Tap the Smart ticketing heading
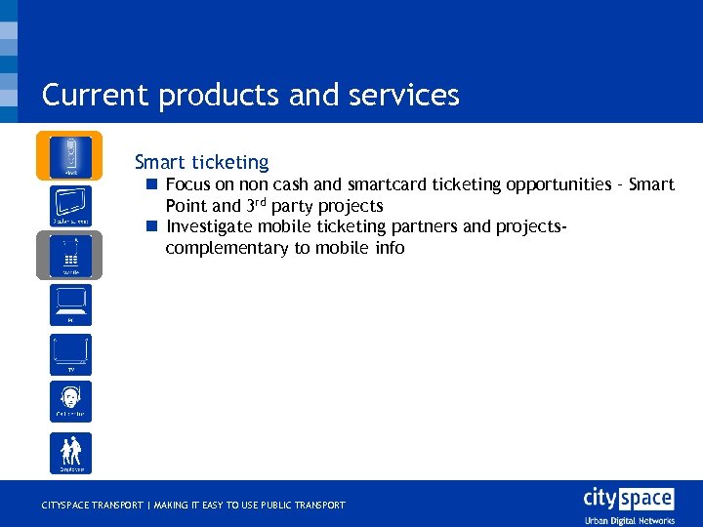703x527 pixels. click(x=201, y=162)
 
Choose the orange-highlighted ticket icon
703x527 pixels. click(x=70, y=156)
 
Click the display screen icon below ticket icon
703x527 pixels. click(x=70, y=205)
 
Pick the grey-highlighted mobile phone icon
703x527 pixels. click(x=70, y=256)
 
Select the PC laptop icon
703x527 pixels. click(x=70, y=304)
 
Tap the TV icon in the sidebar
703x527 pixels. click(x=70, y=353)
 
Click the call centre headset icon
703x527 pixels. click(x=70, y=401)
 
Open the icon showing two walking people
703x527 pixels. click(x=70, y=453)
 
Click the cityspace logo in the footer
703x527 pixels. click(x=628, y=498)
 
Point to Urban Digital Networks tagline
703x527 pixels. click(x=628, y=520)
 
